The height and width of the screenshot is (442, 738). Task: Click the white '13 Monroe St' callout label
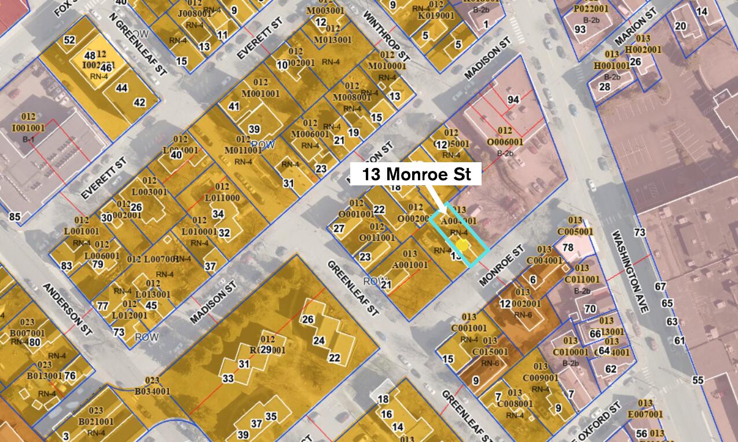click(x=416, y=174)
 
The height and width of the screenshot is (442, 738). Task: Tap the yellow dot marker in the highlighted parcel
click(x=461, y=245)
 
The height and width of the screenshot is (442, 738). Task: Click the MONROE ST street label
click(x=501, y=266)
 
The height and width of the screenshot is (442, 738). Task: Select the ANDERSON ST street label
click(x=67, y=305)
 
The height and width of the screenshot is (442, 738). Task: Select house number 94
click(x=513, y=100)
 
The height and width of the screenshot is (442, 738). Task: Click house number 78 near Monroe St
click(x=568, y=247)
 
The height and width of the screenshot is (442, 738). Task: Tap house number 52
click(x=69, y=40)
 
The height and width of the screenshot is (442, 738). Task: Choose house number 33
click(x=228, y=378)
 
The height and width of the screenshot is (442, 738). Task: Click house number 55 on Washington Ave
click(x=697, y=380)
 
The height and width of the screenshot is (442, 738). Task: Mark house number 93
click(x=580, y=29)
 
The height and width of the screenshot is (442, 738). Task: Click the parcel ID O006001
click(x=505, y=142)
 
